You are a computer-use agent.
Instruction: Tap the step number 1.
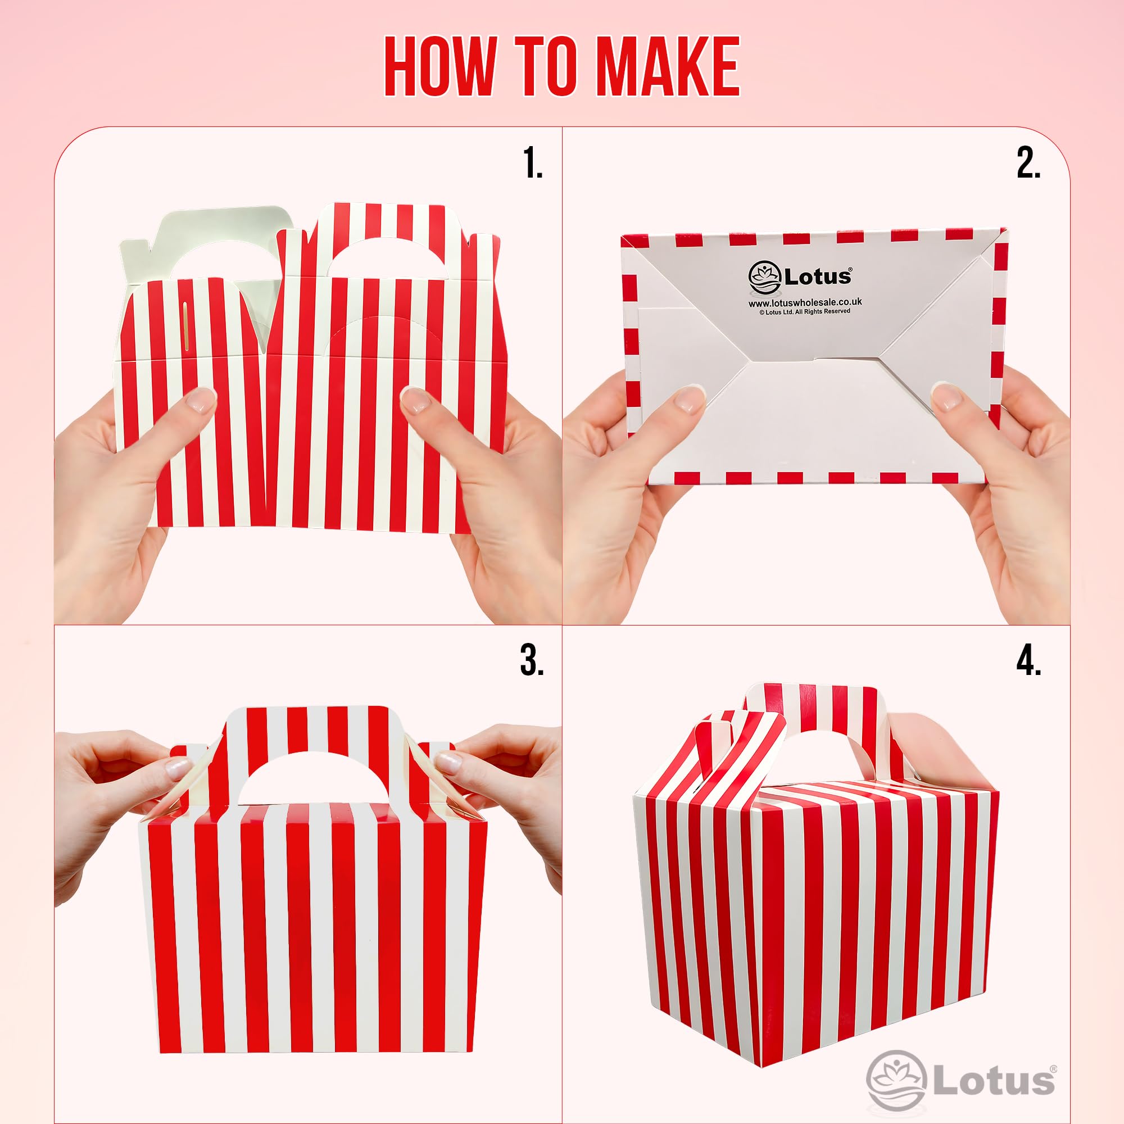532,164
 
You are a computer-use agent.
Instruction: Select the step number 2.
1028,164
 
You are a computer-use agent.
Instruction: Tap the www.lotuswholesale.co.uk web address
805,302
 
